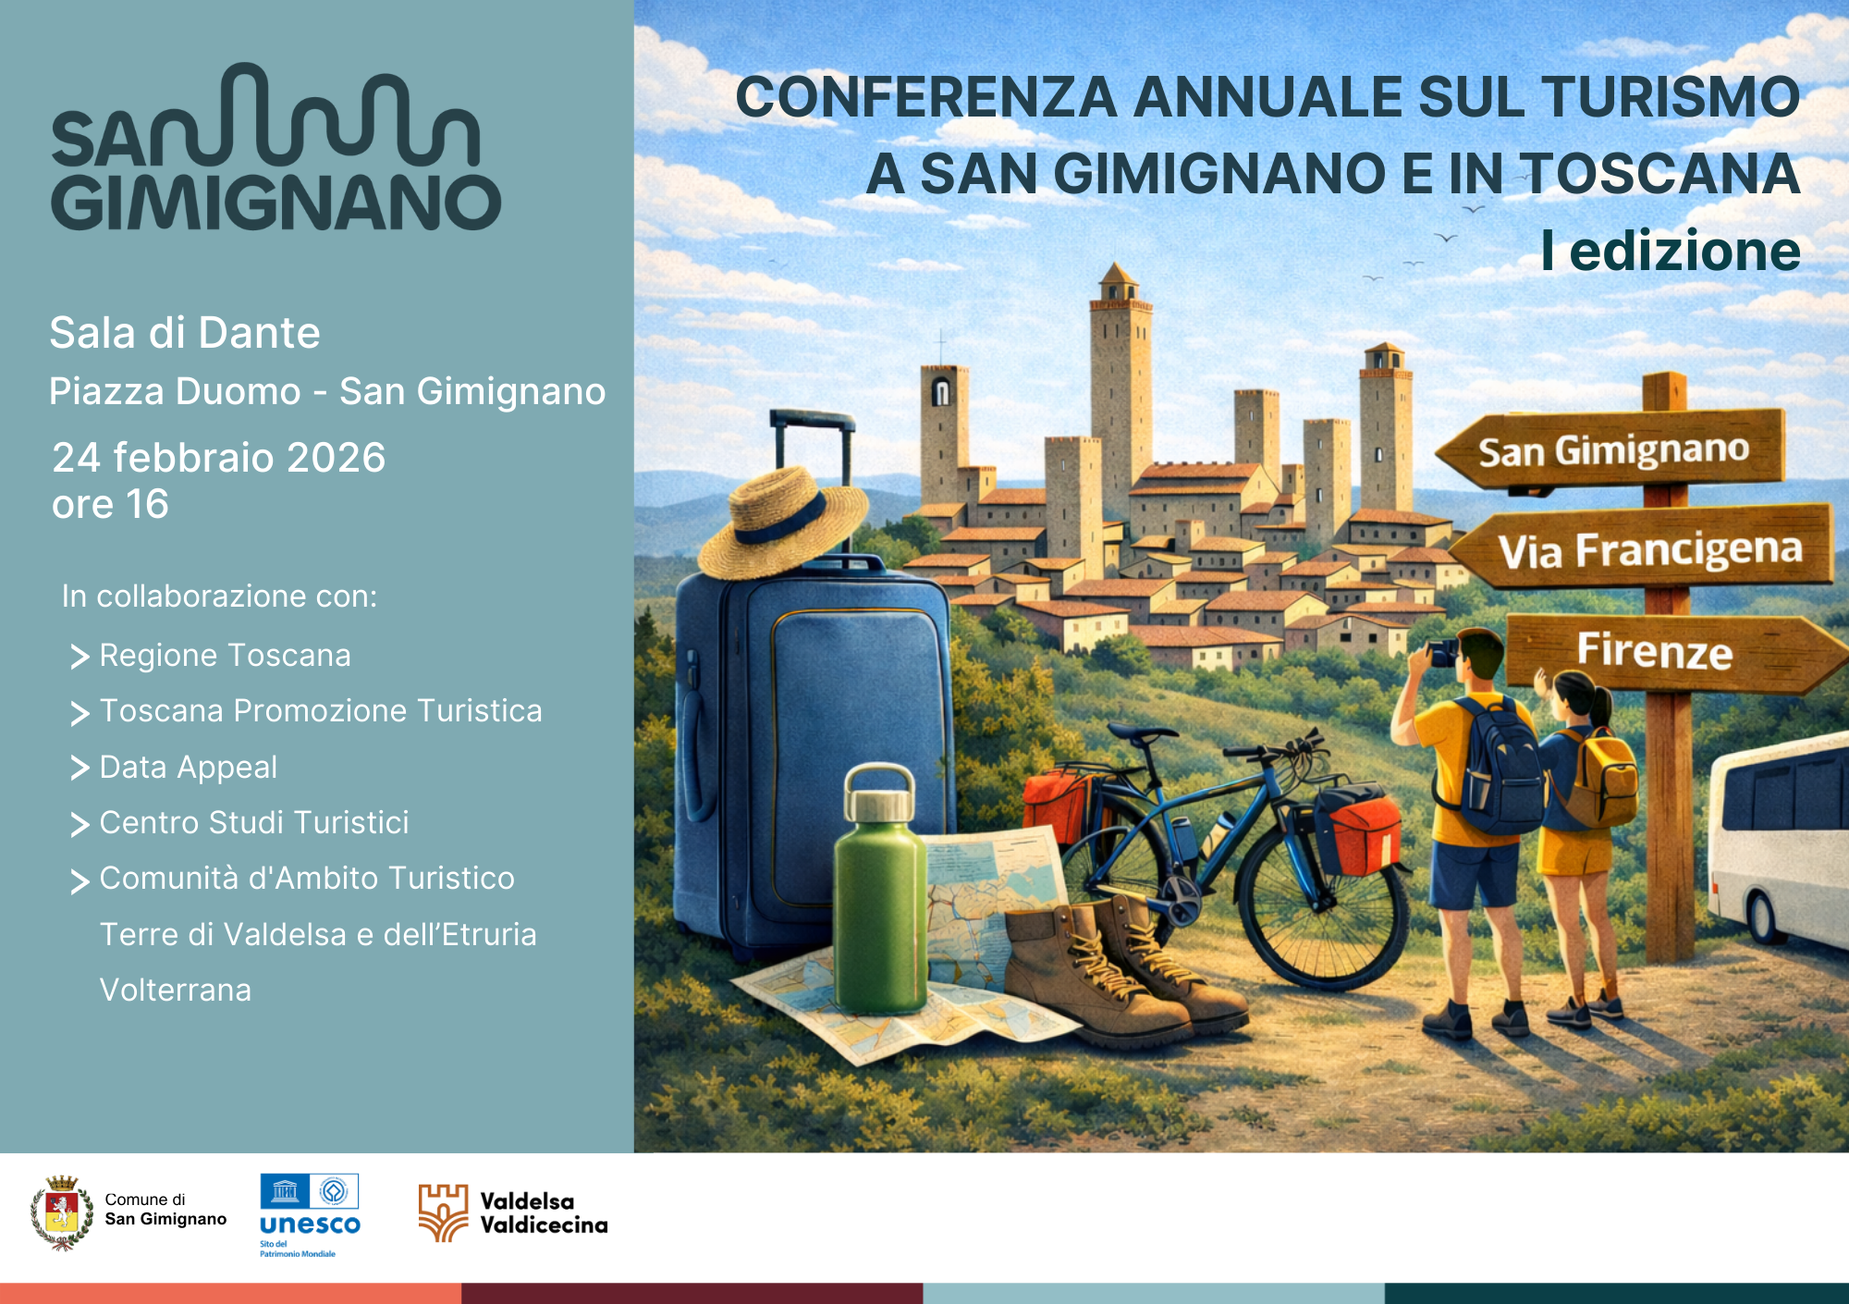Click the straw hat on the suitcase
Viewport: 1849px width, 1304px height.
click(781, 523)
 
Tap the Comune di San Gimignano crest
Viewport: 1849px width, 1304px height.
click(62, 1212)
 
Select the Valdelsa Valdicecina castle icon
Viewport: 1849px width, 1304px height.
click(444, 1212)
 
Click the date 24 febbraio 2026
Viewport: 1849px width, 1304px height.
click(219, 458)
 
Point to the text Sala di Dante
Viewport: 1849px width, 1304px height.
click(185, 333)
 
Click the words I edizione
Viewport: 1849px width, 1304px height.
click(1670, 251)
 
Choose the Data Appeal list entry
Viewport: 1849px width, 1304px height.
click(188, 768)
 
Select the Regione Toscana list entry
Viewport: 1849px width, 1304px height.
click(225, 656)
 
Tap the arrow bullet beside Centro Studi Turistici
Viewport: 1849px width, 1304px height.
click(80, 824)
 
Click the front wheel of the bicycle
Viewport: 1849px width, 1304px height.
click(1322, 902)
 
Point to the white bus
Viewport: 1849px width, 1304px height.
click(1780, 842)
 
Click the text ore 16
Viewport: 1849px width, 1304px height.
click(111, 505)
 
